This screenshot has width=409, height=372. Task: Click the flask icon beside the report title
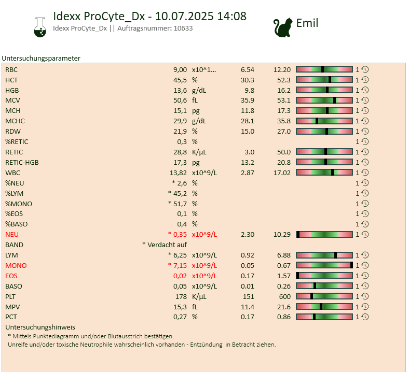pyautogui.click(x=39, y=26)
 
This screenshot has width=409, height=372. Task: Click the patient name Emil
pyautogui.click(x=307, y=23)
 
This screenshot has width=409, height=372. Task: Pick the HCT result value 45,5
pyautogui.click(x=180, y=80)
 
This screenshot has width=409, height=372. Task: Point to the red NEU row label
pyautogui.click(x=12, y=234)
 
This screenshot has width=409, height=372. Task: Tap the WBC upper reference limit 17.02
pyautogui.click(x=282, y=173)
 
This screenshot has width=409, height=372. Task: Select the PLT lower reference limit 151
pyautogui.click(x=248, y=296)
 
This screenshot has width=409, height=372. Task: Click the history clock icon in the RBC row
pyautogui.click(x=365, y=69)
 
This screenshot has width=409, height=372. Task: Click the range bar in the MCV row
pyautogui.click(x=324, y=101)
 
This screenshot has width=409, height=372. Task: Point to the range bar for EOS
pyautogui.click(x=324, y=276)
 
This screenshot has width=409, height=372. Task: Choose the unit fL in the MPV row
pyautogui.click(x=195, y=307)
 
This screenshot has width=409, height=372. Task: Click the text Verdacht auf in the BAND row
pyautogui.click(x=167, y=245)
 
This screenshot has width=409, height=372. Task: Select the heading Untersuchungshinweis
pyautogui.click(x=40, y=327)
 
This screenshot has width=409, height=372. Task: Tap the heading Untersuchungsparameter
pyautogui.click(x=41, y=59)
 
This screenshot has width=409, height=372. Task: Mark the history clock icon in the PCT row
pyautogui.click(x=365, y=317)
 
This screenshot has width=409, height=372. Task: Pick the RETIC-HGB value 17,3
pyautogui.click(x=180, y=162)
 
